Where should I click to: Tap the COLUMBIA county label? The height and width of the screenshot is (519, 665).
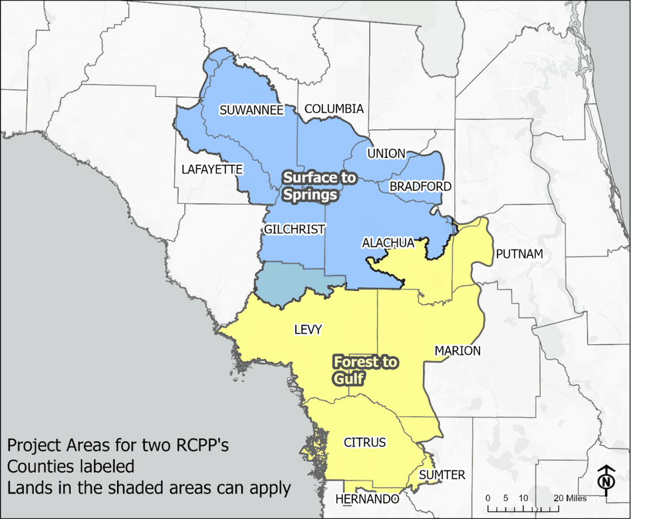click(334, 108)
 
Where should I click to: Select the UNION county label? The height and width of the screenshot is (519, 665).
click(386, 154)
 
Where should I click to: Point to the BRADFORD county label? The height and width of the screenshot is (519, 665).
click(420, 186)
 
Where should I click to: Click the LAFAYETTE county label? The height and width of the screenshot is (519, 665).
click(212, 169)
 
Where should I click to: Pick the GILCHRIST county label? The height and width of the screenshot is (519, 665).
click(294, 229)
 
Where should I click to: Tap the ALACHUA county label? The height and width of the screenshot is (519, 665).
click(388, 243)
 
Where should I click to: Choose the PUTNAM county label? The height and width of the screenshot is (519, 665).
click(519, 254)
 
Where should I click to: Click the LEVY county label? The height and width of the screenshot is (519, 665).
click(308, 329)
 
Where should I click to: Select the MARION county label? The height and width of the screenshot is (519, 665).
click(458, 350)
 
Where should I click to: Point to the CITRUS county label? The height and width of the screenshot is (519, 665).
click(364, 442)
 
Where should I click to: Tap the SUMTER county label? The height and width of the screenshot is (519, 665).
click(442, 474)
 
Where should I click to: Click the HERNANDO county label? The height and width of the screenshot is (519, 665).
click(367, 499)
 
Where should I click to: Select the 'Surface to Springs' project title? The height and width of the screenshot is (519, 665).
click(319, 187)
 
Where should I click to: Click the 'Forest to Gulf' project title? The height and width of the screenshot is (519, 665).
click(365, 370)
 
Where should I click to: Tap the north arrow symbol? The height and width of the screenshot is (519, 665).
click(606, 478)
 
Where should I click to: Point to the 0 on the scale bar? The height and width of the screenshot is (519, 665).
click(488, 498)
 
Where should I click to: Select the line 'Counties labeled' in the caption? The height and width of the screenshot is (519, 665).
click(71, 466)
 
